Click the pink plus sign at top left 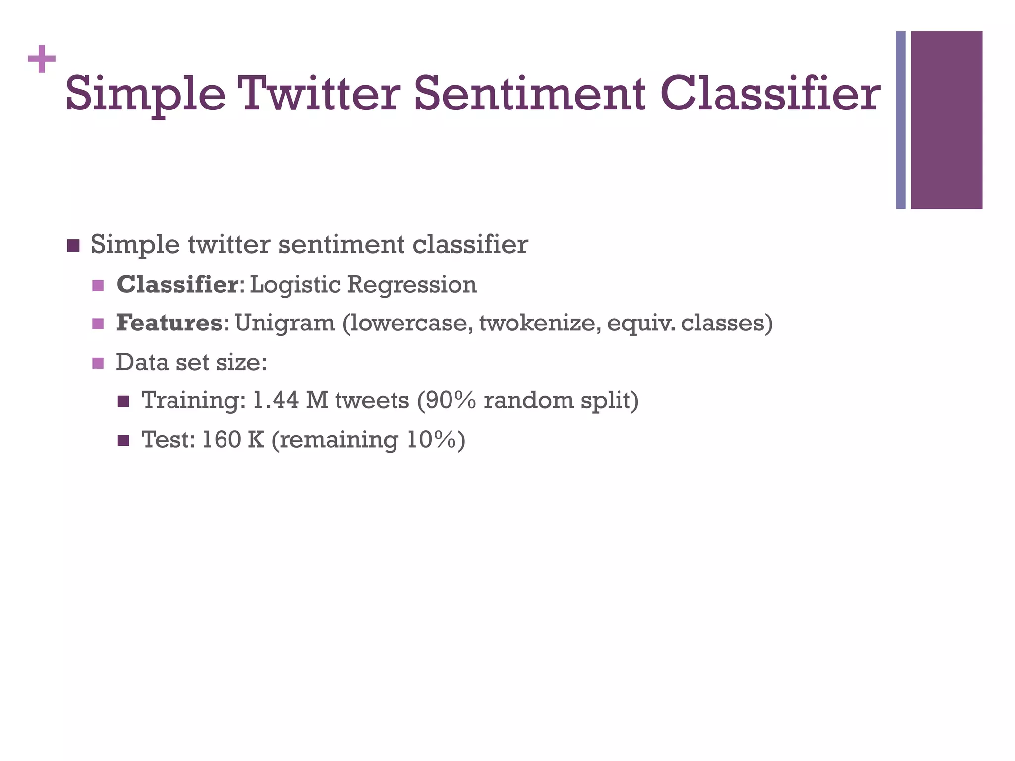pos(42,59)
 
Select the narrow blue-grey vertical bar pos(901,120)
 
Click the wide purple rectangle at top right pos(947,120)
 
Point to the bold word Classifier pos(177,285)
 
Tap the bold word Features pos(169,323)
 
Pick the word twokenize pos(539,323)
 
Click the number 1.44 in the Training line pos(276,400)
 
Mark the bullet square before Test pos(123,440)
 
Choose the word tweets pos(372,400)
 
